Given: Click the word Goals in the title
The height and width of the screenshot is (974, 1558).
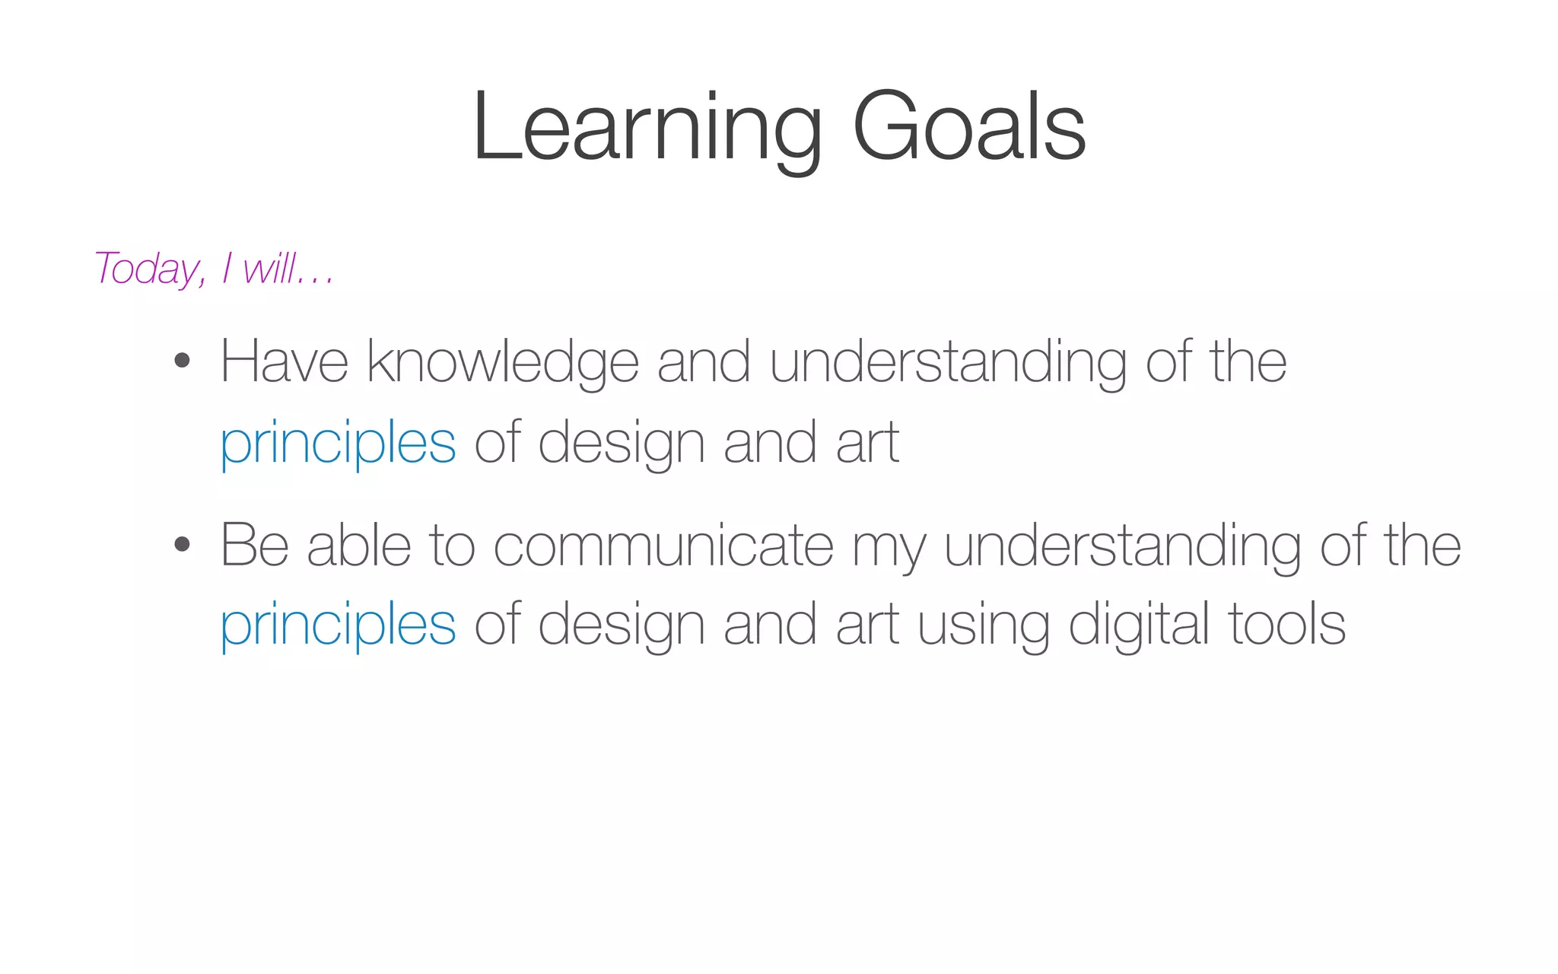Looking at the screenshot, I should coord(969,127).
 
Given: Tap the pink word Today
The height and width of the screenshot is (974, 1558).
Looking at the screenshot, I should coord(149,269).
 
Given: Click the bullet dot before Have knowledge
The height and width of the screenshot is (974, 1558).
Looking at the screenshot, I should coord(181,360).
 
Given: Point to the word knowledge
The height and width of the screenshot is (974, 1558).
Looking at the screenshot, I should coord(503,362).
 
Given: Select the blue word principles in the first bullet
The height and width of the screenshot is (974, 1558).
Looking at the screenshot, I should coord(338,443).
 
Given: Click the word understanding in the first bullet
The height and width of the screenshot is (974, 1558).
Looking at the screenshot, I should coord(948,362).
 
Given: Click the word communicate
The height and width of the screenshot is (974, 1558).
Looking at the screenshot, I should coord(663,546).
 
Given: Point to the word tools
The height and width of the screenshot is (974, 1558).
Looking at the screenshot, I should coord(1286,624).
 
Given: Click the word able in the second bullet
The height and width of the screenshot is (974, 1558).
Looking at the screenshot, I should coord(359,546).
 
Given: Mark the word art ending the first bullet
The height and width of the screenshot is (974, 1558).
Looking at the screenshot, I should coord(867,443).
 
